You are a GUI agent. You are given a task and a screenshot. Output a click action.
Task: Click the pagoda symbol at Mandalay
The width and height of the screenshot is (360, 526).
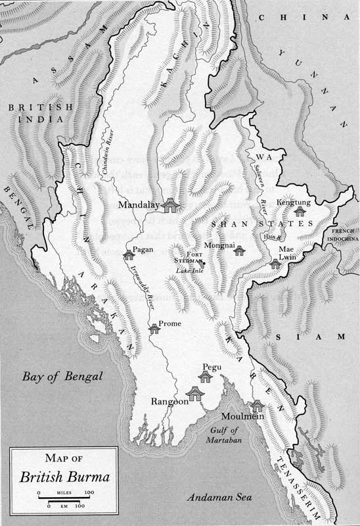(x=171, y=205)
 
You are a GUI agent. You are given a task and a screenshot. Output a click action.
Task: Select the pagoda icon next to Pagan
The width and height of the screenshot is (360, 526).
(x=127, y=254)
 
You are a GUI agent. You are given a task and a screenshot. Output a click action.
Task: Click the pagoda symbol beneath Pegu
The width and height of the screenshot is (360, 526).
(x=206, y=376)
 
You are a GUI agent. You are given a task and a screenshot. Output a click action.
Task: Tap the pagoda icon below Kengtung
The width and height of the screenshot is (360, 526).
(x=301, y=211)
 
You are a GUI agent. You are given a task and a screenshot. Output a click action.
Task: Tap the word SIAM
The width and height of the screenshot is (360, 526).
(x=311, y=337)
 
